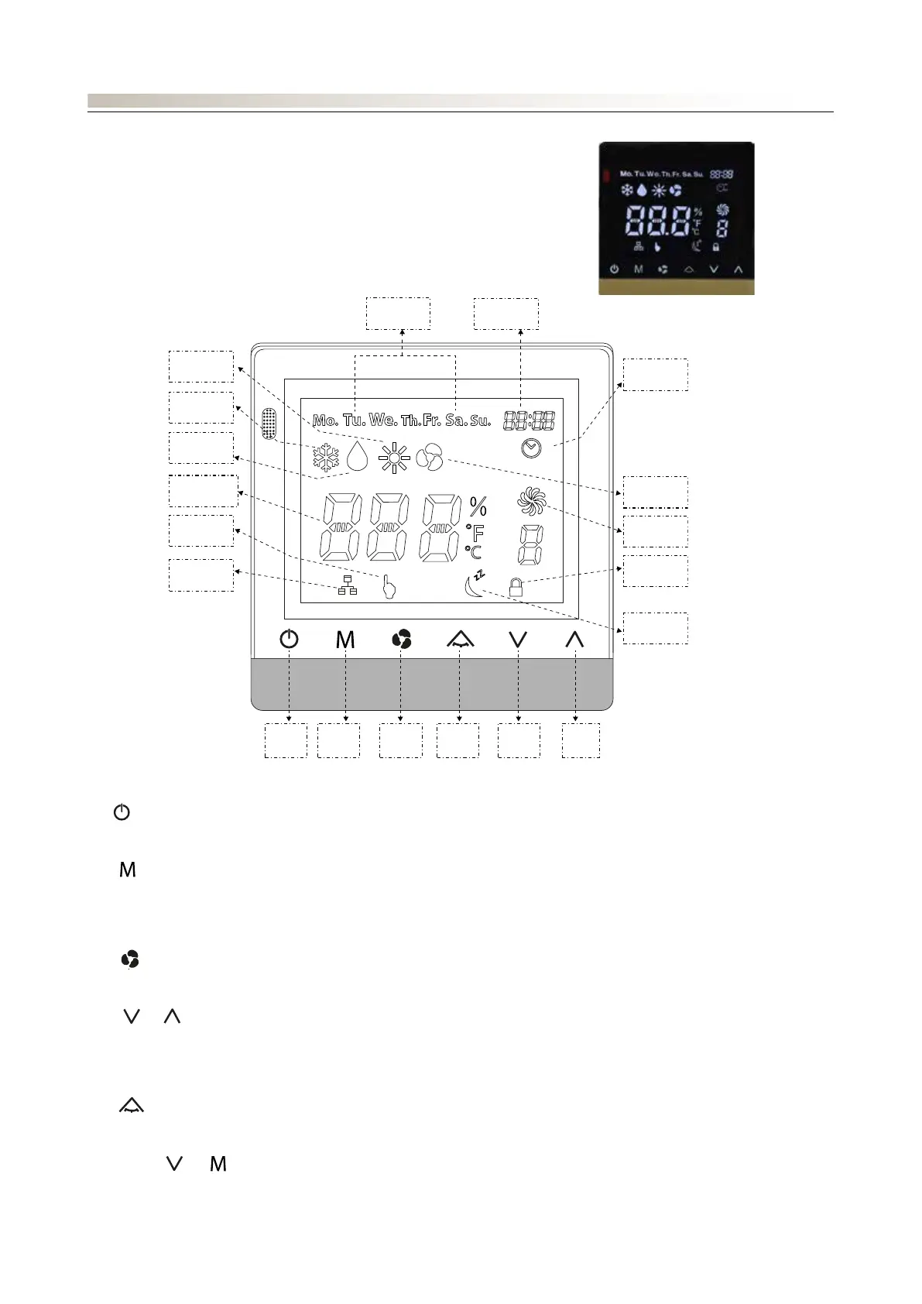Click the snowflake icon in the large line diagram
click(326, 458)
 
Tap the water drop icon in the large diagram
click(358, 456)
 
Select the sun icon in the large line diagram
click(394, 458)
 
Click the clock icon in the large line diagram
click(531, 448)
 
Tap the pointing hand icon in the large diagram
click(389, 588)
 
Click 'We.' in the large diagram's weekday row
click(383, 420)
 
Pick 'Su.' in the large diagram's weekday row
click(480, 420)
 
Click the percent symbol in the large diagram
click(478, 507)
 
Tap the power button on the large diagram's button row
click(289, 640)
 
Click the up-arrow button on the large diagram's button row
click(574, 640)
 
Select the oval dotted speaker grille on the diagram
click(269, 424)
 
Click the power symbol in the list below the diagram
click(122, 812)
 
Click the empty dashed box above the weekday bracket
click(398, 313)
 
